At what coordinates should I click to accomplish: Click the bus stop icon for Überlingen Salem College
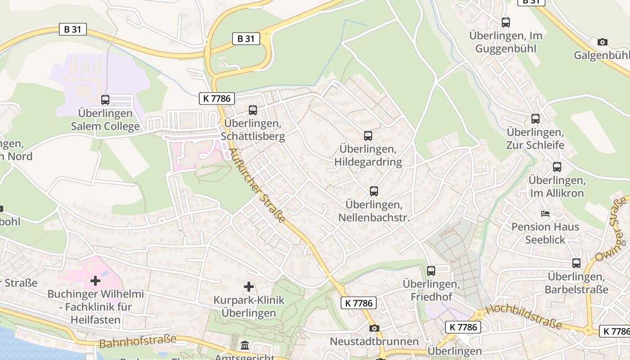pyautogui.click(x=105, y=100)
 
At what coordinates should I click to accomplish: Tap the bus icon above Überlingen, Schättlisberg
pyautogui.click(x=253, y=110)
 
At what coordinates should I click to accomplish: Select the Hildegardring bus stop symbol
pyautogui.click(x=368, y=135)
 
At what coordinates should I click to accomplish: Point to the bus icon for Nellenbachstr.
pyautogui.click(x=373, y=191)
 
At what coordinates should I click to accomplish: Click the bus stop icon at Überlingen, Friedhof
pyautogui.click(x=431, y=271)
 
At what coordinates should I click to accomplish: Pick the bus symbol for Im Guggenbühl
pyautogui.click(x=506, y=22)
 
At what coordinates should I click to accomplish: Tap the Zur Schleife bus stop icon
pyautogui.click(x=535, y=119)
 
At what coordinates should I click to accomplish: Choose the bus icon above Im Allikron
pyautogui.click(x=557, y=167)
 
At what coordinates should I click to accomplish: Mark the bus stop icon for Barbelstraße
pyautogui.click(x=576, y=263)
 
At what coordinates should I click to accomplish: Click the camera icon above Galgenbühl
pyautogui.click(x=602, y=42)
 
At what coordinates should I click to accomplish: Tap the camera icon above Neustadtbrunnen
pyautogui.click(x=374, y=328)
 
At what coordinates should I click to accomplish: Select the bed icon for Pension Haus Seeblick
pyautogui.click(x=545, y=213)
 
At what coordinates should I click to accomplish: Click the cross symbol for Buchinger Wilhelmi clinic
pyautogui.click(x=95, y=281)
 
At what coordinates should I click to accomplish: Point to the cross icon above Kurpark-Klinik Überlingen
pyautogui.click(x=249, y=287)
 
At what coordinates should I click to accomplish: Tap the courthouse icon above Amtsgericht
pyautogui.click(x=245, y=346)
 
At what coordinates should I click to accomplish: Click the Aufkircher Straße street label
pyautogui.click(x=257, y=185)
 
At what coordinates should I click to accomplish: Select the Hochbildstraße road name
pyautogui.click(x=524, y=317)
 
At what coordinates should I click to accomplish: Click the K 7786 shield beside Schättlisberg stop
pyautogui.click(x=217, y=98)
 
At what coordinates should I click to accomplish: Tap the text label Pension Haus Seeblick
pyautogui.click(x=545, y=233)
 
